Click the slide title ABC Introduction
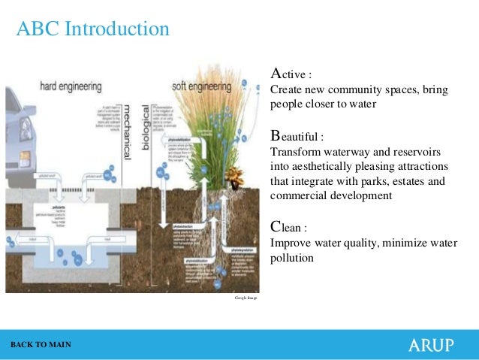(93, 29)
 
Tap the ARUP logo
(430, 345)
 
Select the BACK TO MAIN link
(41, 344)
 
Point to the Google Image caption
(246, 298)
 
